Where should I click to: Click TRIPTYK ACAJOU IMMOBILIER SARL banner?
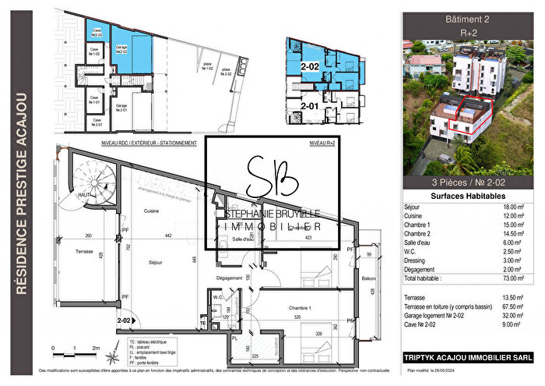click(468, 358)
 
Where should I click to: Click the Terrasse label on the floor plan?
click(85, 252)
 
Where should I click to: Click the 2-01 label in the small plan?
click(311, 105)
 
